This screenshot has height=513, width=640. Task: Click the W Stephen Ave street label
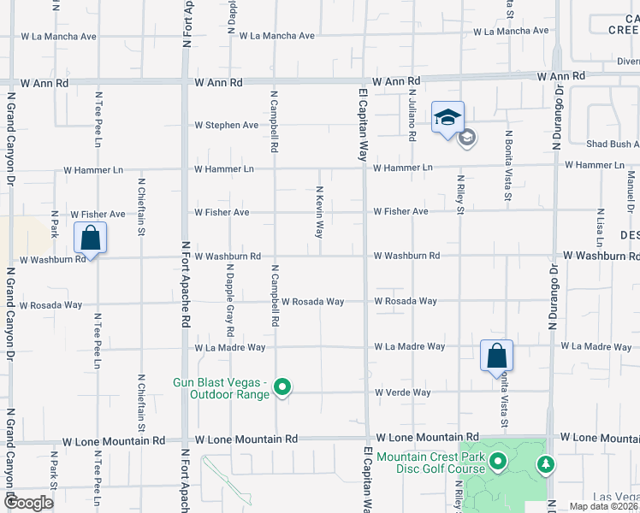[226, 125]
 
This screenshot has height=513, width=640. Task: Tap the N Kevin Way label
[319, 211]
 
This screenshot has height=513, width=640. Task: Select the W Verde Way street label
[402, 392]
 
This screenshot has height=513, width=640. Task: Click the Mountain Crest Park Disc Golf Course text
[430, 463]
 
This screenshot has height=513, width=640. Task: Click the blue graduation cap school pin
[447, 118]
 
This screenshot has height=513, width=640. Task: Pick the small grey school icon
[467, 137]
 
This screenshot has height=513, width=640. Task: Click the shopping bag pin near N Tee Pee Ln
[90, 239]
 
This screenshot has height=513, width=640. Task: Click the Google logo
[27, 503]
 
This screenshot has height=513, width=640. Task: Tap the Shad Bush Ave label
[612, 144]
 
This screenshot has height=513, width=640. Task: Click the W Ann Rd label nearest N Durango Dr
[560, 76]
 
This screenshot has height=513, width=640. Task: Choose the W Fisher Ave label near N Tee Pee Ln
[98, 215]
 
